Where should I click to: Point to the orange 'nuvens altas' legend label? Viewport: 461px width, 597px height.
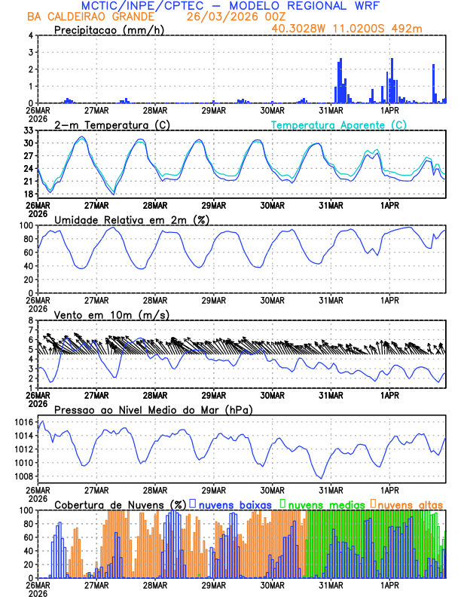(x=410, y=504)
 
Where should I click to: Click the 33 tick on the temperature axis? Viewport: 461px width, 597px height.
(x=29, y=130)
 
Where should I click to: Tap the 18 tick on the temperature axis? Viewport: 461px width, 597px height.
(x=29, y=194)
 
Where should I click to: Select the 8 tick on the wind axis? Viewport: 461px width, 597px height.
(x=32, y=320)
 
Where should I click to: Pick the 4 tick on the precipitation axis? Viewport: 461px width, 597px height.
(x=32, y=35)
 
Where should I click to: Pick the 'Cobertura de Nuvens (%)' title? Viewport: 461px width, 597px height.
(x=121, y=504)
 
